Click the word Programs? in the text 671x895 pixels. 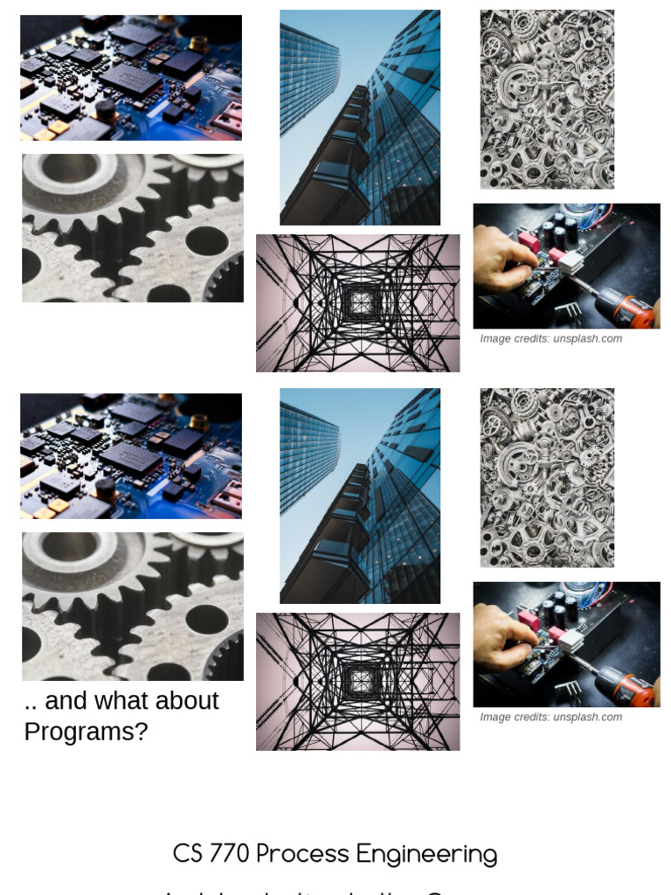86,732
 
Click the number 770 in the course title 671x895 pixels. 230,854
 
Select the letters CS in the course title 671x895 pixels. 187,854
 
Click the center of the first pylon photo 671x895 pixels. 358,303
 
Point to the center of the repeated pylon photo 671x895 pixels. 358,682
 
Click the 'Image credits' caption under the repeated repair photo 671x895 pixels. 550,718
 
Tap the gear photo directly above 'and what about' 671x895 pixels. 133,607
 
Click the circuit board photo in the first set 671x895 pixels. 131,78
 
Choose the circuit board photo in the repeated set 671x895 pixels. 131,456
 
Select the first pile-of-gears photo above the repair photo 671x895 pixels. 547,100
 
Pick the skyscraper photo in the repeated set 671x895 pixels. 360,496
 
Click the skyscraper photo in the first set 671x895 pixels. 360,117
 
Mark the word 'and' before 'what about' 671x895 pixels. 65,701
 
